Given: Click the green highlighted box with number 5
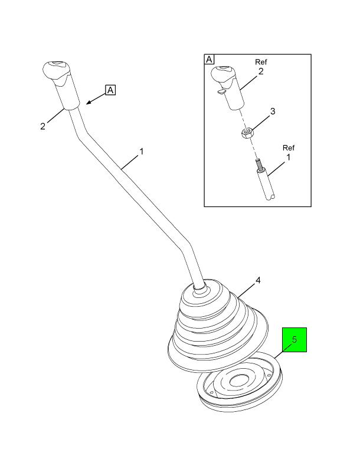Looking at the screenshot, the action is [294, 340].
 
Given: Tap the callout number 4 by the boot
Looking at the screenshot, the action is [258, 280].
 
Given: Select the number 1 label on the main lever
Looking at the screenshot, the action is [141, 151].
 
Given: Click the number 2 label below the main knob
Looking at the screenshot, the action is [42, 126].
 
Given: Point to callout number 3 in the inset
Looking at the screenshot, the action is [273, 111].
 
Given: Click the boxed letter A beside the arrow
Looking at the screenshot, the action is [110, 90].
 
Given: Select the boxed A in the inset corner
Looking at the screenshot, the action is [210, 60].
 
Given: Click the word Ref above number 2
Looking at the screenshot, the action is [261, 62].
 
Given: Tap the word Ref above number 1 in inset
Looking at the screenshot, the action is [289, 148].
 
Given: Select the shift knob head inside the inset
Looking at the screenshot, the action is [224, 75].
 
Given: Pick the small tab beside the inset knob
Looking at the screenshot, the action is [221, 91].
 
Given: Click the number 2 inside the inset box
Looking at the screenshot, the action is [261, 71].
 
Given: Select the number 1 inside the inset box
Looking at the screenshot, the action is [288, 157].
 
